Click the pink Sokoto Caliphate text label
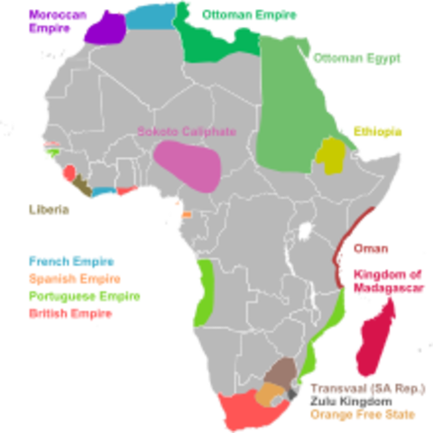point(178,132)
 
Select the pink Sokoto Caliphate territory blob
point(187,165)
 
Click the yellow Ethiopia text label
point(376,130)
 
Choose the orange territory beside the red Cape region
point(269,394)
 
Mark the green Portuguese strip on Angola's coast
point(205,289)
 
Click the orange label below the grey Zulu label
point(362,416)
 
